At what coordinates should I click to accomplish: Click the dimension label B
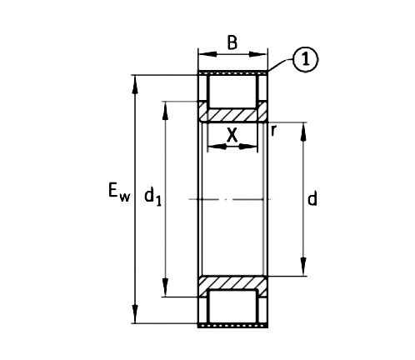coord(232,44)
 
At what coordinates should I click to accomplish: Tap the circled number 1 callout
coord(307,59)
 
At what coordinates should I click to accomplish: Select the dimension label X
coord(232,134)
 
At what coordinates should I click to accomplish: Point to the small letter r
coord(273,130)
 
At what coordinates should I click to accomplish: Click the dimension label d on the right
coord(312,199)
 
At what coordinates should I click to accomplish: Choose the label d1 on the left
coord(152,197)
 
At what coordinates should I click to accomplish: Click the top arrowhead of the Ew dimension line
coord(136,80)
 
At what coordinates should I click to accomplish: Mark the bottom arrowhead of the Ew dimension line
coord(136,318)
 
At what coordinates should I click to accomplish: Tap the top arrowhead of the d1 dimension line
coord(166,107)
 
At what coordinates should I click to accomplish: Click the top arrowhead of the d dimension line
coord(302,127)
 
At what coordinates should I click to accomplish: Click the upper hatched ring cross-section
coord(232,112)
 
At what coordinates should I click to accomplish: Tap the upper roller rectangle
coord(232,88)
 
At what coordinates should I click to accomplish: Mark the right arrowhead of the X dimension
coord(252,147)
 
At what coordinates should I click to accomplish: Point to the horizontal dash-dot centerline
coord(232,199)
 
